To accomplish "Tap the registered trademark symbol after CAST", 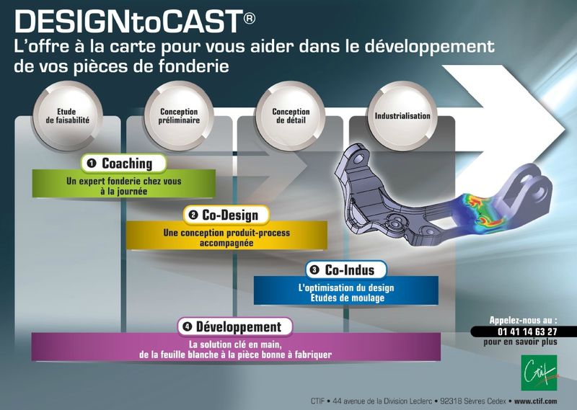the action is pos(249,18).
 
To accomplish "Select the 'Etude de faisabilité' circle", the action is pos(67,115).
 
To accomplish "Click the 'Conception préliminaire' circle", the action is pos(179,115).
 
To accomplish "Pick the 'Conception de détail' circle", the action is pos(291,115).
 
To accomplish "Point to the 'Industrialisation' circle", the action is pos(402,115).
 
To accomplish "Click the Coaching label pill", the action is pos(123,164).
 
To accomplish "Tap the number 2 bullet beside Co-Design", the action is pos(193,215).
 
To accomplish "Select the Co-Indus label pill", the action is pos(346,270).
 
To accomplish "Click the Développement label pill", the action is pos(235,326).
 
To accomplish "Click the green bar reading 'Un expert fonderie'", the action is pos(123,184).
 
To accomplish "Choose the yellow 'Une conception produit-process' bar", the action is pos(226,236).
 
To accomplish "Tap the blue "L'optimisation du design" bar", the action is pos(346,290).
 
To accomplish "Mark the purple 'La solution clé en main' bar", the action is pos(236,347).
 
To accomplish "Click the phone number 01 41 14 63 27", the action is pos(527,331).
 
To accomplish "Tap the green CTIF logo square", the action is pos(539,373).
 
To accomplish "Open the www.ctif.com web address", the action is pos(535,401).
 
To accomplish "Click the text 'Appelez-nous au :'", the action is pos(523,320).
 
